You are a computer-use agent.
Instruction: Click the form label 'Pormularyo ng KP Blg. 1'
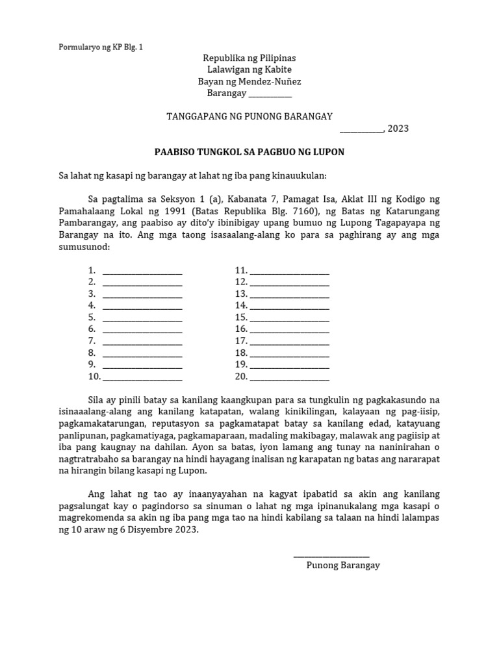(101, 47)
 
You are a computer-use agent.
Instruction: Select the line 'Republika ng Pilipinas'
(249, 58)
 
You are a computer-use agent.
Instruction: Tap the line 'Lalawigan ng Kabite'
(249, 70)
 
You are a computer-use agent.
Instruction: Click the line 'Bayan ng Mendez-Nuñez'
(249, 82)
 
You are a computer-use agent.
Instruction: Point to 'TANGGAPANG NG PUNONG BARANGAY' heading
(249, 116)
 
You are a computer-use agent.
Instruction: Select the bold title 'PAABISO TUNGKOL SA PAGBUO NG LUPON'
(249, 152)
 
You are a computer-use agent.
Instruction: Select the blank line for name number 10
(142, 377)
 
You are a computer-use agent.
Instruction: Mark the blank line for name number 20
(289, 377)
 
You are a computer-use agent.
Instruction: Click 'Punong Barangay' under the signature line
(343, 566)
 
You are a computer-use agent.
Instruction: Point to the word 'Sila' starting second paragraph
(97, 399)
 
